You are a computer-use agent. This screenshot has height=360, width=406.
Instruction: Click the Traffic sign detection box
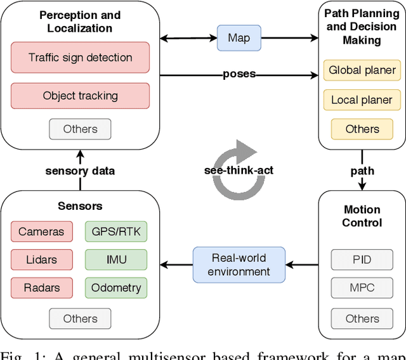click(x=80, y=58)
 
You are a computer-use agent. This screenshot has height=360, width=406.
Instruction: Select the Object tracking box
click(x=80, y=96)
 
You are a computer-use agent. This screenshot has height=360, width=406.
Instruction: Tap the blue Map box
click(x=239, y=38)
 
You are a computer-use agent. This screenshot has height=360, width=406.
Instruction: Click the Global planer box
click(x=362, y=70)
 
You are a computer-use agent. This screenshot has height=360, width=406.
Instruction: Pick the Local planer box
click(x=362, y=100)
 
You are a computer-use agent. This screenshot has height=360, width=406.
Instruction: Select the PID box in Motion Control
click(x=362, y=259)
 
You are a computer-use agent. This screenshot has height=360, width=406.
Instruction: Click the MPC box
click(x=362, y=288)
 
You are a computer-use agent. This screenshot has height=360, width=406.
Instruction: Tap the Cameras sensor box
click(x=41, y=231)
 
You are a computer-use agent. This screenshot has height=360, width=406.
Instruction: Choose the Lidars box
click(x=41, y=259)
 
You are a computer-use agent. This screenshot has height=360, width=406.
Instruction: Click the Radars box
click(x=41, y=288)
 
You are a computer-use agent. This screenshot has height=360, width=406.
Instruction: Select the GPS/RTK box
click(x=115, y=231)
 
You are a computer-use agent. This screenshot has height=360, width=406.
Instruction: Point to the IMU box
click(x=115, y=259)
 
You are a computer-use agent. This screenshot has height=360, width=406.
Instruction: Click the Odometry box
click(x=115, y=288)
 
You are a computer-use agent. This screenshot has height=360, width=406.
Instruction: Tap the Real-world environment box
click(x=239, y=265)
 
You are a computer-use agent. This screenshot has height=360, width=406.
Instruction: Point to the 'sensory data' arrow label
click(x=80, y=170)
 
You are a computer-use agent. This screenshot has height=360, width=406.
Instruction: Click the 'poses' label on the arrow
click(x=239, y=74)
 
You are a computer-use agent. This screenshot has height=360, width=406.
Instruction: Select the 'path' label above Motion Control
click(x=362, y=170)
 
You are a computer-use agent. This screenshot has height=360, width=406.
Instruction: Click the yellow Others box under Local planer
click(x=362, y=129)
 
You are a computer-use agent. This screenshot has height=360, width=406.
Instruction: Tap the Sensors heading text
click(x=80, y=206)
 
